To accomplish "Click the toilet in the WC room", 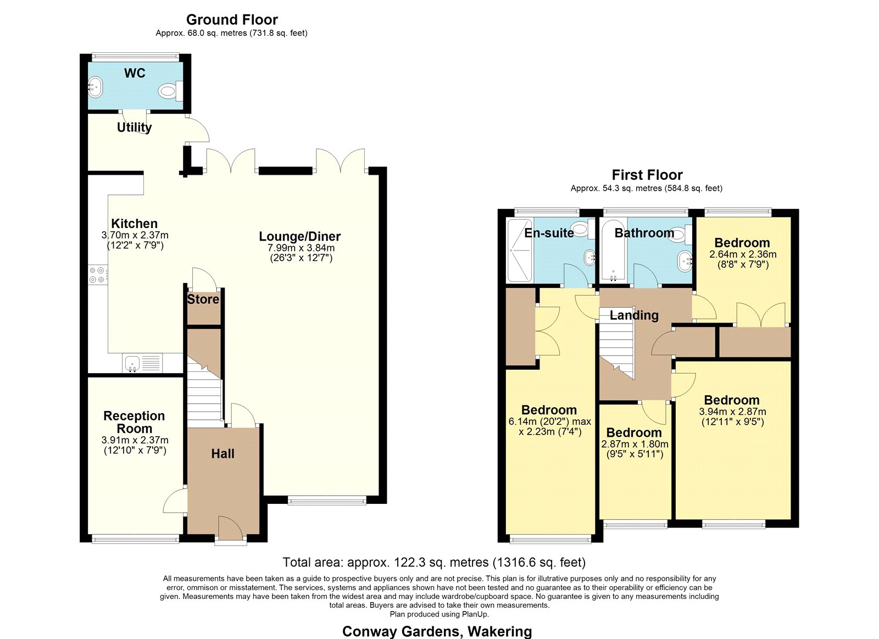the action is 171,91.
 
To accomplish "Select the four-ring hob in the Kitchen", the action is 97,275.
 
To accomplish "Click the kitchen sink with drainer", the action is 143,363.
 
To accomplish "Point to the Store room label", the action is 203,299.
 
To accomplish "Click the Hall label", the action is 223,454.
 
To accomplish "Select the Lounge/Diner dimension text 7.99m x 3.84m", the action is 301,248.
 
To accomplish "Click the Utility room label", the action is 134,127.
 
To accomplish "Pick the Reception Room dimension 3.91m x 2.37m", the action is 135,441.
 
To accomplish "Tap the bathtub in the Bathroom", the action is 614,251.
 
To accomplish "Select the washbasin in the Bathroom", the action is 685,261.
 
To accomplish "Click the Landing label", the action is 634,315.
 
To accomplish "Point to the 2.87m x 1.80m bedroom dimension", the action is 635,444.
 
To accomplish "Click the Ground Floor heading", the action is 232,20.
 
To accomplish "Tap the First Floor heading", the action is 647,175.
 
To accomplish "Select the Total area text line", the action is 434,563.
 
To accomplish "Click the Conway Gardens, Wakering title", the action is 437,631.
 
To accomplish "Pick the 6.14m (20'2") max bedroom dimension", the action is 550,422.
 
